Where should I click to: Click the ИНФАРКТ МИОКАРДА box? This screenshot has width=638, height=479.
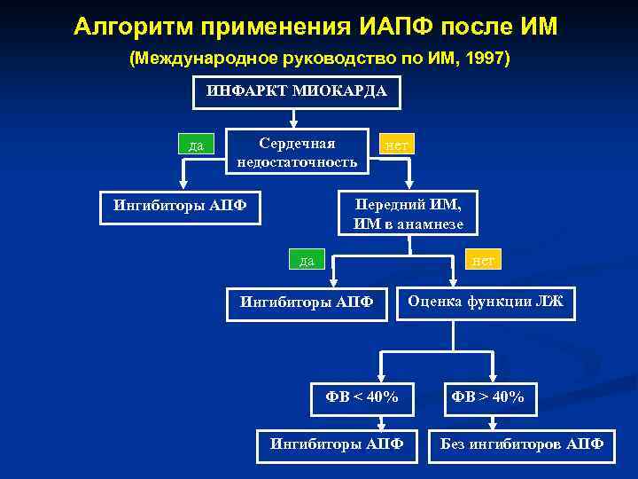point(297,92)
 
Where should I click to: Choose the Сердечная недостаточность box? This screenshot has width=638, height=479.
point(297,153)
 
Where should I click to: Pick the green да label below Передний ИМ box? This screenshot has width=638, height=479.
point(307,260)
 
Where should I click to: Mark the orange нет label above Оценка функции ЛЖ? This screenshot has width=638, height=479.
point(483,260)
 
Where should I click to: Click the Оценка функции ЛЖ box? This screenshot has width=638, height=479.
point(486,303)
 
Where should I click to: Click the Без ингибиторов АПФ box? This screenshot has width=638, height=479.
point(522,444)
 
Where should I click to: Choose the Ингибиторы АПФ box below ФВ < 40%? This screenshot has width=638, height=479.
point(337,444)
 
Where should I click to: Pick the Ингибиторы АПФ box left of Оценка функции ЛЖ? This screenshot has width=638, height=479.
point(307,303)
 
